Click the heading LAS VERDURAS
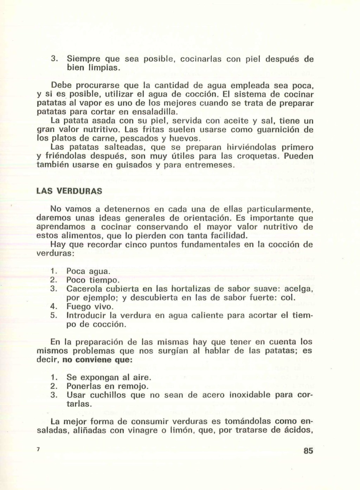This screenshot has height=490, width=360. click(69, 191)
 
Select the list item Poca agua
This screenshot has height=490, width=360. click(88, 272)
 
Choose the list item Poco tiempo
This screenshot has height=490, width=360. click(93, 280)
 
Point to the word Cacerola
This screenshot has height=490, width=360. click(84, 289)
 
